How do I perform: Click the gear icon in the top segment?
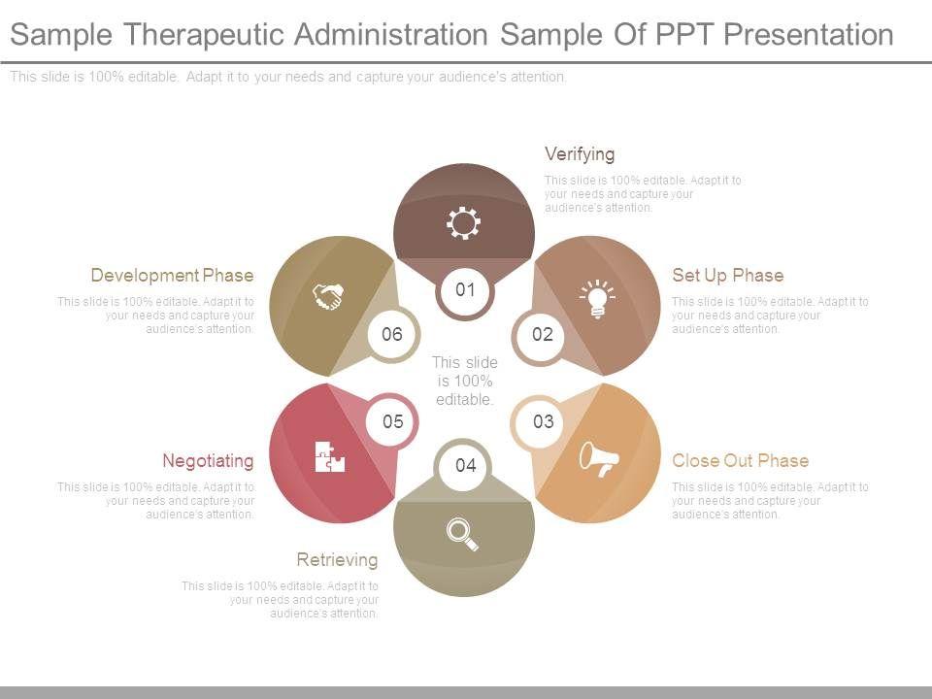(464, 223)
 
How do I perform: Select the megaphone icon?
(598, 457)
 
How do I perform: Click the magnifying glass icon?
(463, 533)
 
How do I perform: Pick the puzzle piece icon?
(330, 455)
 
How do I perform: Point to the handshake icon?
(329, 295)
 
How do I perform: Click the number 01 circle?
(465, 289)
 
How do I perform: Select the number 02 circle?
(542, 335)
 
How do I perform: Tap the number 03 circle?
(543, 421)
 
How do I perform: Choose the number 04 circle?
(465, 466)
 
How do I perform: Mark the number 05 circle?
(392, 421)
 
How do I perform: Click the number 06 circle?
(391, 335)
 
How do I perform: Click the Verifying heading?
(580, 153)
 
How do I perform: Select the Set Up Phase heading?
(727, 275)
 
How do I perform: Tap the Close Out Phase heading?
(740, 460)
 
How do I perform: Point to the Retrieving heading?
(337, 559)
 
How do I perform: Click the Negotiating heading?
(208, 460)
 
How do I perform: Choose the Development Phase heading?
(172, 275)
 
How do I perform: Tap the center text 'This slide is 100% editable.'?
(465, 381)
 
